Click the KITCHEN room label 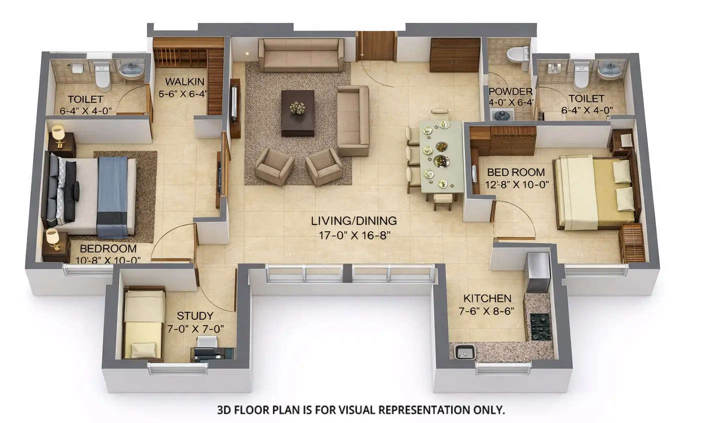tap(487, 299)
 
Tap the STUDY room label tap(195, 316)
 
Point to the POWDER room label tap(510, 91)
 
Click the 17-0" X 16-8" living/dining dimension tap(354, 235)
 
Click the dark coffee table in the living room tap(297, 112)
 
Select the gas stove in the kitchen tap(540, 326)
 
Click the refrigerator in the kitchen tap(538, 272)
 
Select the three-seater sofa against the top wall tap(300, 54)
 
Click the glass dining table tap(440, 154)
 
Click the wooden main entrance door tap(376, 46)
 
